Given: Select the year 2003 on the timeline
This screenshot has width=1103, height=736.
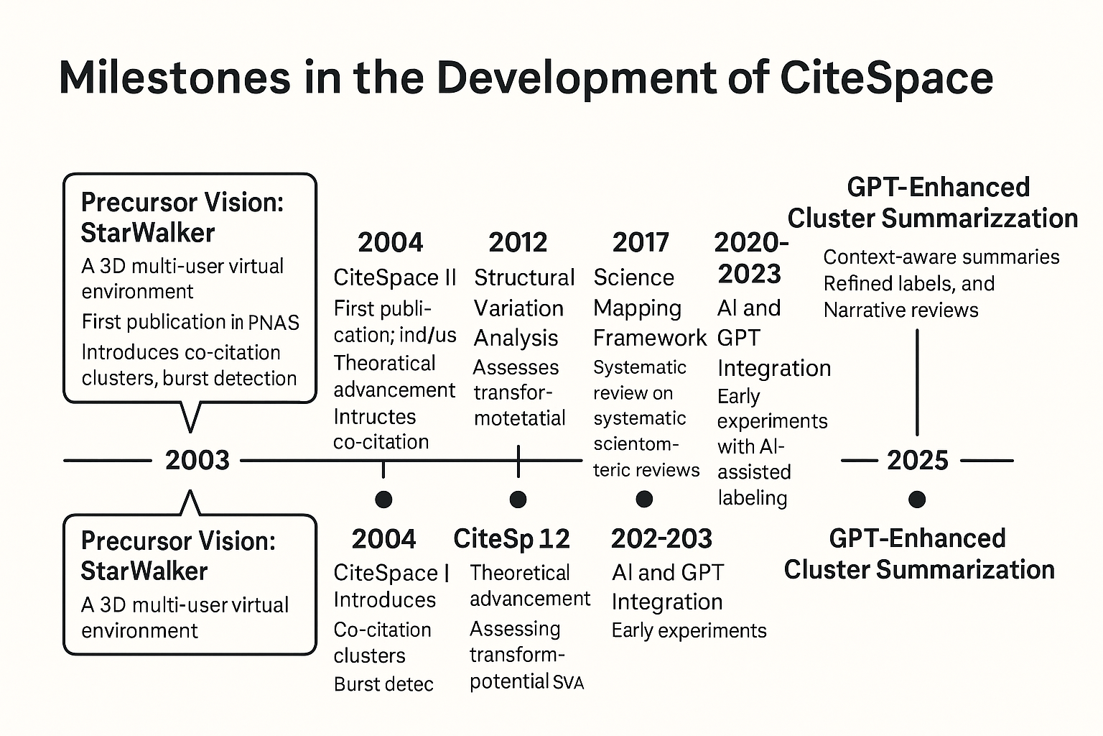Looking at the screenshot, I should tap(197, 460).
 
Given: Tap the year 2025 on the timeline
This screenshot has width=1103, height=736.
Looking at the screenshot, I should tap(917, 460).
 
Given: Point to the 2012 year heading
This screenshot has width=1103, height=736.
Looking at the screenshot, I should tap(518, 242).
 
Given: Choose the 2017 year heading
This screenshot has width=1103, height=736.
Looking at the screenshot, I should tap(641, 242).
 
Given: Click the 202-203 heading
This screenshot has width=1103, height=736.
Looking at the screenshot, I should tap(661, 538).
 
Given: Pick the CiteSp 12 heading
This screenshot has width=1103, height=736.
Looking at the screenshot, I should tap(511, 538).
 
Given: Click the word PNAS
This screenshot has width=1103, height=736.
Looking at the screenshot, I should tap(274, 323).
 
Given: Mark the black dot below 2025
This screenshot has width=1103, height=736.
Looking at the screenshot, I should tap(916, 499).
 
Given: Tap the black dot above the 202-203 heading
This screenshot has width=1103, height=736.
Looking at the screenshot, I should tap(644, 499).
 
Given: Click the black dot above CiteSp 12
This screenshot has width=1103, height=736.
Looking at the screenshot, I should tap(518, 499).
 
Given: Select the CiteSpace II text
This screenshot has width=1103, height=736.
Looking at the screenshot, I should tap(395, 277).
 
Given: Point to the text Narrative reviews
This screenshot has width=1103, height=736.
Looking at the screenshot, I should tap(900, 310).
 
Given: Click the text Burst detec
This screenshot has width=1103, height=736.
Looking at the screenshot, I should tap(383, 684).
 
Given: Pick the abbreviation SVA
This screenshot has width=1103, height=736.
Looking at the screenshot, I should tap(569, 683).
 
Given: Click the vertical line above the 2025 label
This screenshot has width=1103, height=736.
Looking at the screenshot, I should tap(917, 381).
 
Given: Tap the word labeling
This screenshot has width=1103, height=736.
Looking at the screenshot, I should tap(752, 497).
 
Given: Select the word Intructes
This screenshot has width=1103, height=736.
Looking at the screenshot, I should tap(374, 416).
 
